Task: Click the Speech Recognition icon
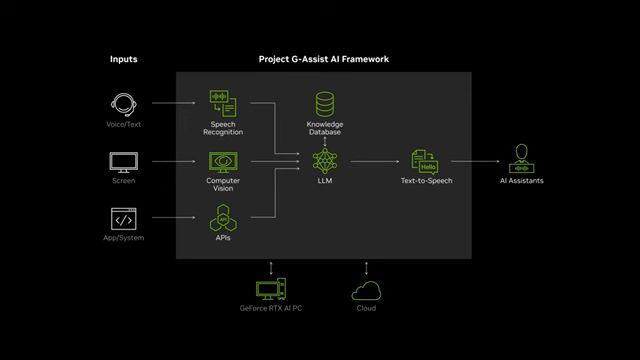point(223,104)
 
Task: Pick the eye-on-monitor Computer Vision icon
point(223,162)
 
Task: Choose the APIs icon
point(223,218)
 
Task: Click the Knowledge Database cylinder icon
point(324,104)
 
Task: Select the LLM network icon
point(324,161)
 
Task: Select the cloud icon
point(366,290)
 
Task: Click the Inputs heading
point(123,60)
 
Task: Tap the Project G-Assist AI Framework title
point(323,60)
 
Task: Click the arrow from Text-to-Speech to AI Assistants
point(475,160)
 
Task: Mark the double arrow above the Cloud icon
point(366,268)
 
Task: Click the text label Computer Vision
point(223,185)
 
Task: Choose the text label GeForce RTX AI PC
point(271,308)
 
